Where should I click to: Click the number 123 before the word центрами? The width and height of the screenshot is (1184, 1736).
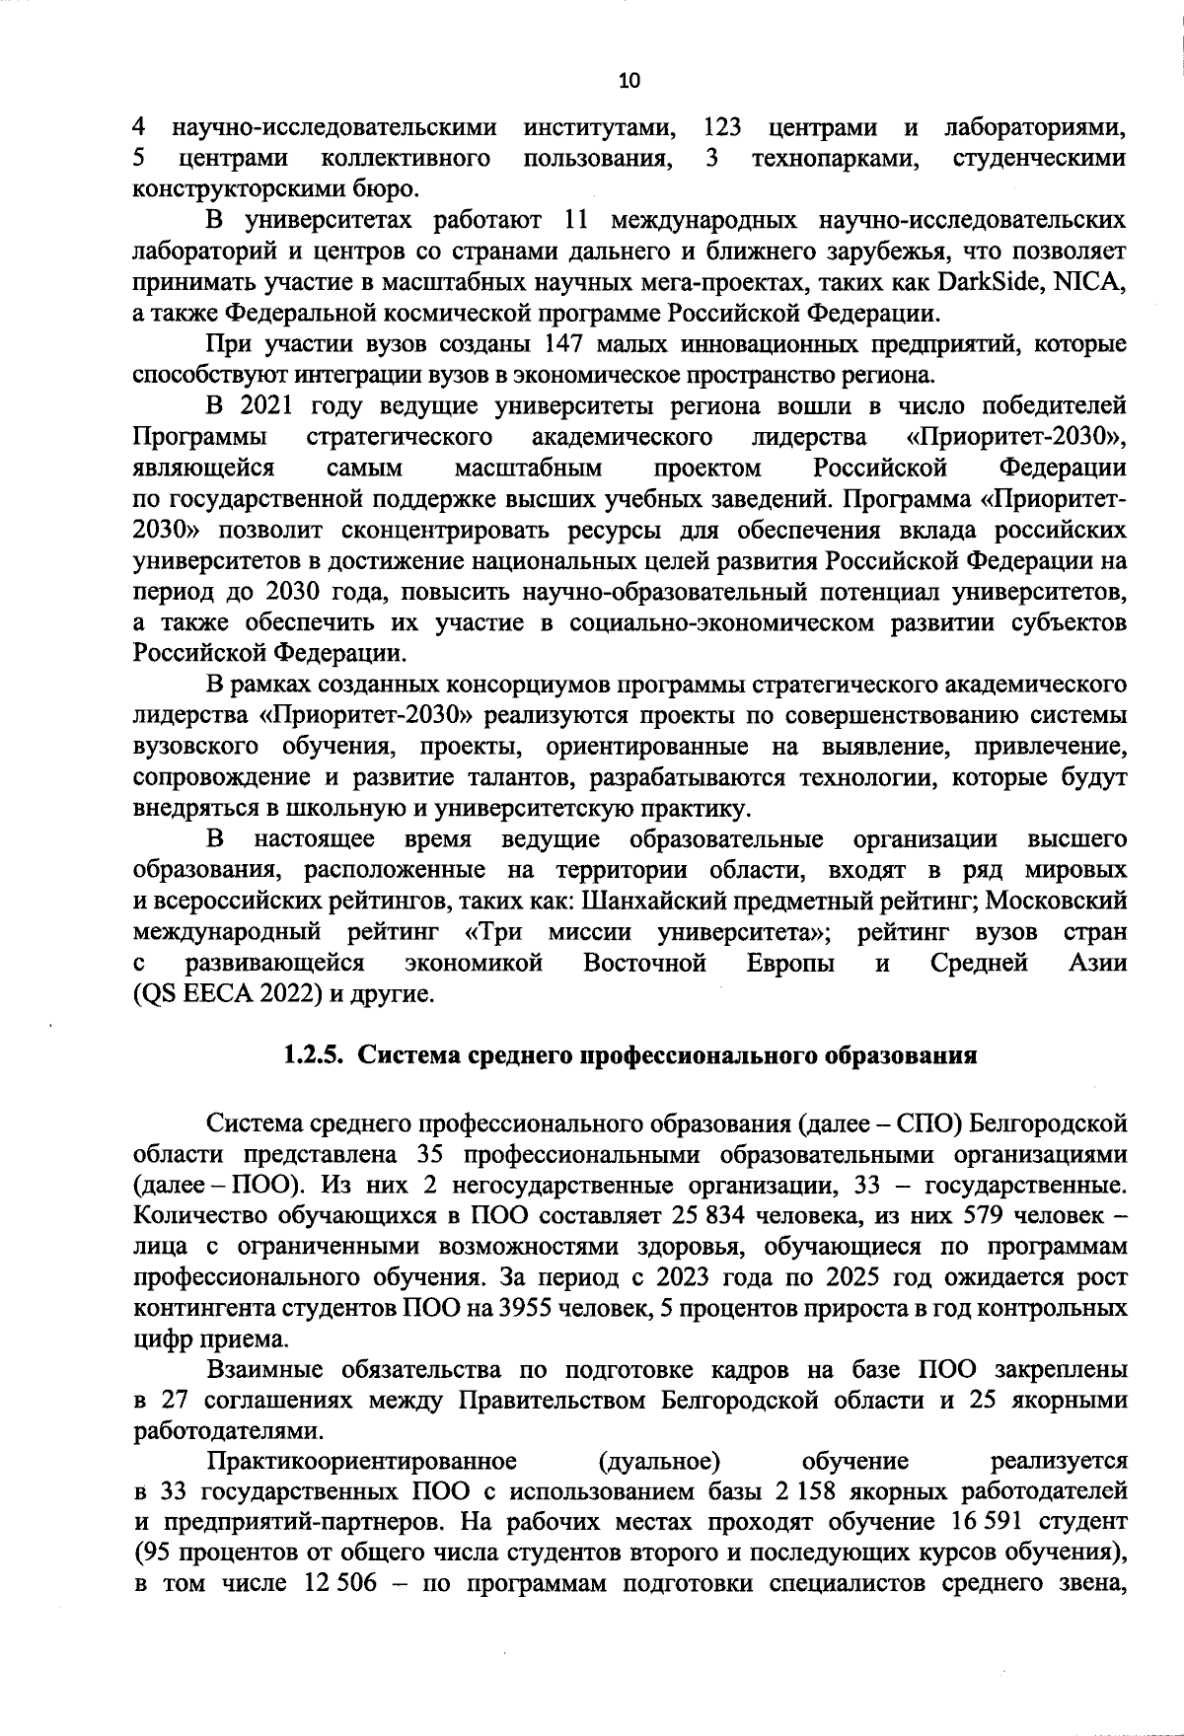(722, 128)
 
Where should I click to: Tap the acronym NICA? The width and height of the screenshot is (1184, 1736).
(1089, 283)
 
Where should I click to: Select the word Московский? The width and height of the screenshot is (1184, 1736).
(1057, 901)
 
